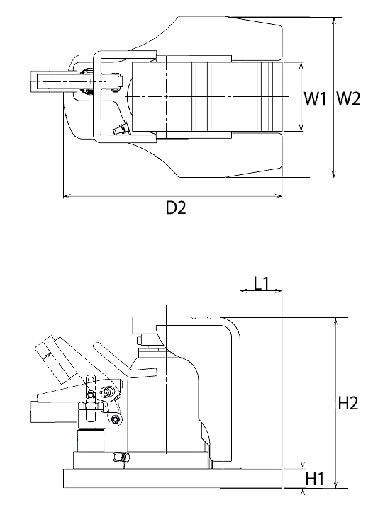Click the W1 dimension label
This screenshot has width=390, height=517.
(315, 98)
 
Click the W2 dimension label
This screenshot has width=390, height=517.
(348, 98)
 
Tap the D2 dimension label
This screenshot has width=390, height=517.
(176, 208)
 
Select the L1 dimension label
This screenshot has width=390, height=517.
(262, 283)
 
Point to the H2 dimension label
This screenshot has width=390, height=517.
(348, 403)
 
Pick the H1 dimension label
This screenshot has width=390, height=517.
(316, 479)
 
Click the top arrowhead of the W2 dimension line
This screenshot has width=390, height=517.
(334, 21)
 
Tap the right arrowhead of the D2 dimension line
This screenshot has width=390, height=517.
(279, 197)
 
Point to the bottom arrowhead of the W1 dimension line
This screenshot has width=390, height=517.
(301, 128)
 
